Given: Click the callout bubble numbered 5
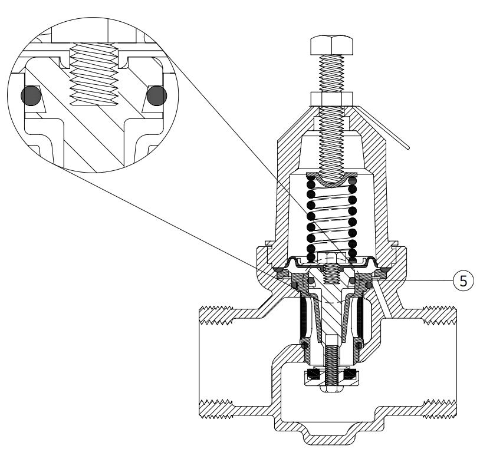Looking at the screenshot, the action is click(463, 280).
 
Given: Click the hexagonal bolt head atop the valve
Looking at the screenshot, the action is click(331, 45).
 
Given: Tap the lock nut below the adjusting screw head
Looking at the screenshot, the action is click(332, 99).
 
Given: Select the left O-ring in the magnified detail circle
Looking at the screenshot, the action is click(31, 95).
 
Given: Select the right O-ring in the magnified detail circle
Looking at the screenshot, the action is click(157, 95).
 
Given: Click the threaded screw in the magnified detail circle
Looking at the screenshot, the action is click(94, 74).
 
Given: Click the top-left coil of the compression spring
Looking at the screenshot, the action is click(311, 184).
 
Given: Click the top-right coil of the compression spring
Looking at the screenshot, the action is click(353, 181).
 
